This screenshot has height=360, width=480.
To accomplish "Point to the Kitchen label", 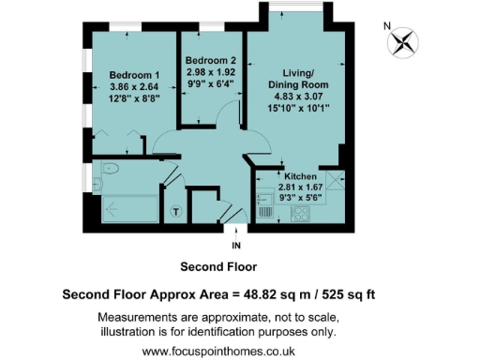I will [298, 176].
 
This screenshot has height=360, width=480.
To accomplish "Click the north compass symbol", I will [403, 40].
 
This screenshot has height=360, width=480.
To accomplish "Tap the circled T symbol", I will [175, 212].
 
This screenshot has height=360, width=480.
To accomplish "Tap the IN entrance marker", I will [235, 245].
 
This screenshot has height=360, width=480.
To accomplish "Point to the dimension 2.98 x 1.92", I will [212, 72].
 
